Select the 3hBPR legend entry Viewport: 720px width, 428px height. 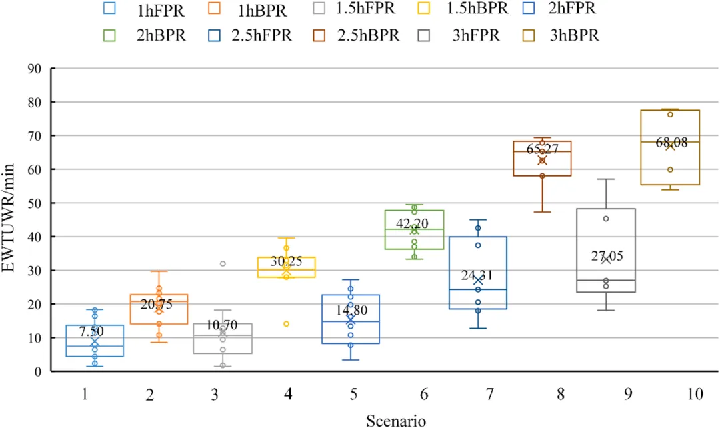point(574,35)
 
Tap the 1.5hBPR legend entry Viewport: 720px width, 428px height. point(477,9)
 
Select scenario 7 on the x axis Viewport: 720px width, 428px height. point(491,394)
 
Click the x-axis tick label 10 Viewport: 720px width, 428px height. point(694,394)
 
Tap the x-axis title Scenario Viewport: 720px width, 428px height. point(395,420)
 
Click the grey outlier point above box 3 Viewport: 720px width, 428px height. point(223,264)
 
